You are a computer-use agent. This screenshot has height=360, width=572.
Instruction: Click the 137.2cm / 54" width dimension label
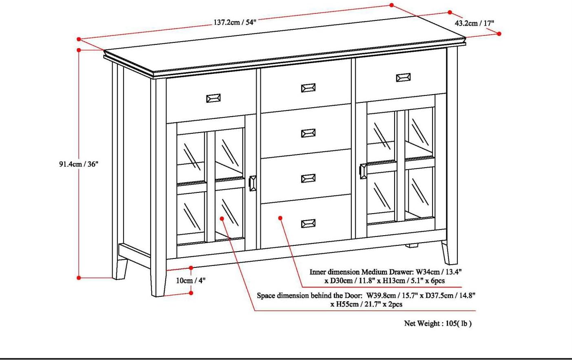click(x=235, y=22)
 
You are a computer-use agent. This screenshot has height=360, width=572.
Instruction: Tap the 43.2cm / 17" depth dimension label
click(x=474, y=23)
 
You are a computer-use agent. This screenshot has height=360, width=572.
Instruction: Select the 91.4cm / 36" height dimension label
click(x=79, y=164)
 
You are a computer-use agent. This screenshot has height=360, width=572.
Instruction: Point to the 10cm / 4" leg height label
click(x=191, y=280)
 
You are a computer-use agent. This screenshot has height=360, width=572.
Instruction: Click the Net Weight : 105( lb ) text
click(x=438, y=324)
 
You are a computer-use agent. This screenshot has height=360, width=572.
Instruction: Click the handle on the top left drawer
click(x=213, y=98)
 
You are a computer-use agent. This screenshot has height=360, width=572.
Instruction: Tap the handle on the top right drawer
click(x=403, y=77)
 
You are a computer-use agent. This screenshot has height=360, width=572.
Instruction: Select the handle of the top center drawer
click(x=308, y=88)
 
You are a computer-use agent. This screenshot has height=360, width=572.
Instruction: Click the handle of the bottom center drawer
click(x=308, y=223)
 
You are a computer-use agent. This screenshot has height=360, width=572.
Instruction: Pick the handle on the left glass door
click(x=253, y=183)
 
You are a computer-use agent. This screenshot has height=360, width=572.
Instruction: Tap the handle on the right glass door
click(x=363, y=171)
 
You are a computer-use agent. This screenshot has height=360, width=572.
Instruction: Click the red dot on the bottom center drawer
click(x=280, y=218)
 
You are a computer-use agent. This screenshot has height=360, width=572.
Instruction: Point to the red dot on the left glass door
click(x=222, y=219)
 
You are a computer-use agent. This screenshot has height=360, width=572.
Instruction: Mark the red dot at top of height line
click(x=79, y=50)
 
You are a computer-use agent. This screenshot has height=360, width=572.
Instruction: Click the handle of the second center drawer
click(x=308, y=133)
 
